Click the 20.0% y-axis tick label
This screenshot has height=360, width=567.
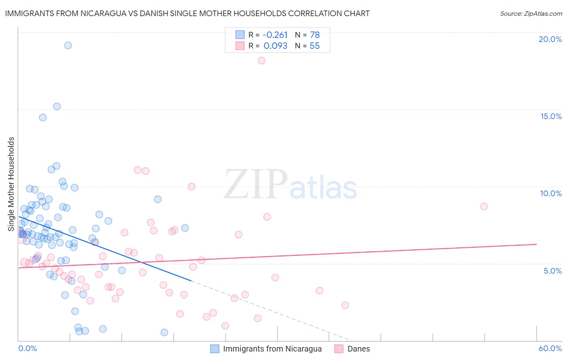(x=550, y=39)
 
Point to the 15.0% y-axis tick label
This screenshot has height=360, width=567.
(x=551, y=116)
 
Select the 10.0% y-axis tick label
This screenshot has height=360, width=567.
(x=551, y=193)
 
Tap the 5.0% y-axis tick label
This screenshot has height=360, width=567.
(x=552, y=271)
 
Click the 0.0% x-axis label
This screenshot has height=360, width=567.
(x=27, y=348)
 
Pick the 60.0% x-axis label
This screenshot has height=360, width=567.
(x=550, y=348)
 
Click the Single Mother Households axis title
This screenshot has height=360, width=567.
(x=11, y=184)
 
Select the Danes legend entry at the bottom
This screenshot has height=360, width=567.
(x=359, y=349)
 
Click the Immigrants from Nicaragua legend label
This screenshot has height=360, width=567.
(x=272, y=349)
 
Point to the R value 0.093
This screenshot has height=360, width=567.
(x=275, y=46)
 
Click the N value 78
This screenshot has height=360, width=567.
(x=315, y=35)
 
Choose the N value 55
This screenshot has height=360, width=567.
(x=315, y=46)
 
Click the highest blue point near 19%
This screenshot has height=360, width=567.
(x=68, y=45)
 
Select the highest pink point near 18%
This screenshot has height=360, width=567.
(x=261, y=61)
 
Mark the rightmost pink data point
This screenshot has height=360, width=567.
(x=484, y=206)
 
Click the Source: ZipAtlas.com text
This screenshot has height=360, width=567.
(x=531, y=13)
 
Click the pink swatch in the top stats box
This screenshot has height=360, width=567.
(x=240, y=46)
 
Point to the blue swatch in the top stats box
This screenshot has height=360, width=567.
(x=240, y=35)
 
